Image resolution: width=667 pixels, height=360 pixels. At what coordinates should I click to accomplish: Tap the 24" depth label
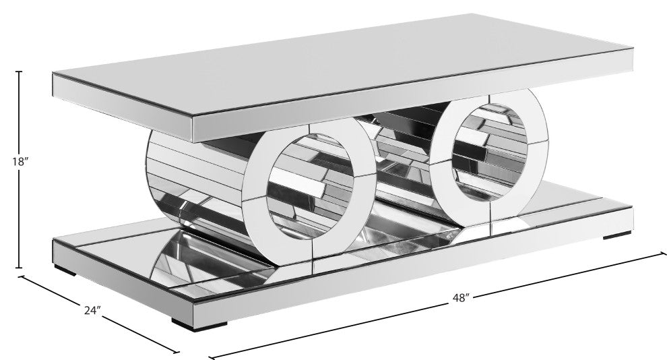[x=93, y=311]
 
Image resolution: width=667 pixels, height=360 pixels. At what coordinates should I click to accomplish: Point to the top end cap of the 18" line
[x=20, y=71]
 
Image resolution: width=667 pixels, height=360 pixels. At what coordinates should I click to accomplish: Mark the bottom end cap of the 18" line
[x=20, y=268]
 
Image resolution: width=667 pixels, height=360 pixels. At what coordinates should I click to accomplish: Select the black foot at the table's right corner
[x=618, y=236]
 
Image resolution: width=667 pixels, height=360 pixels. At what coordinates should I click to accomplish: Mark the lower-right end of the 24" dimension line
[x=179, y=353]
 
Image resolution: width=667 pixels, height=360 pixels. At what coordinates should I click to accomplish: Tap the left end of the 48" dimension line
[x=210, y=355]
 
